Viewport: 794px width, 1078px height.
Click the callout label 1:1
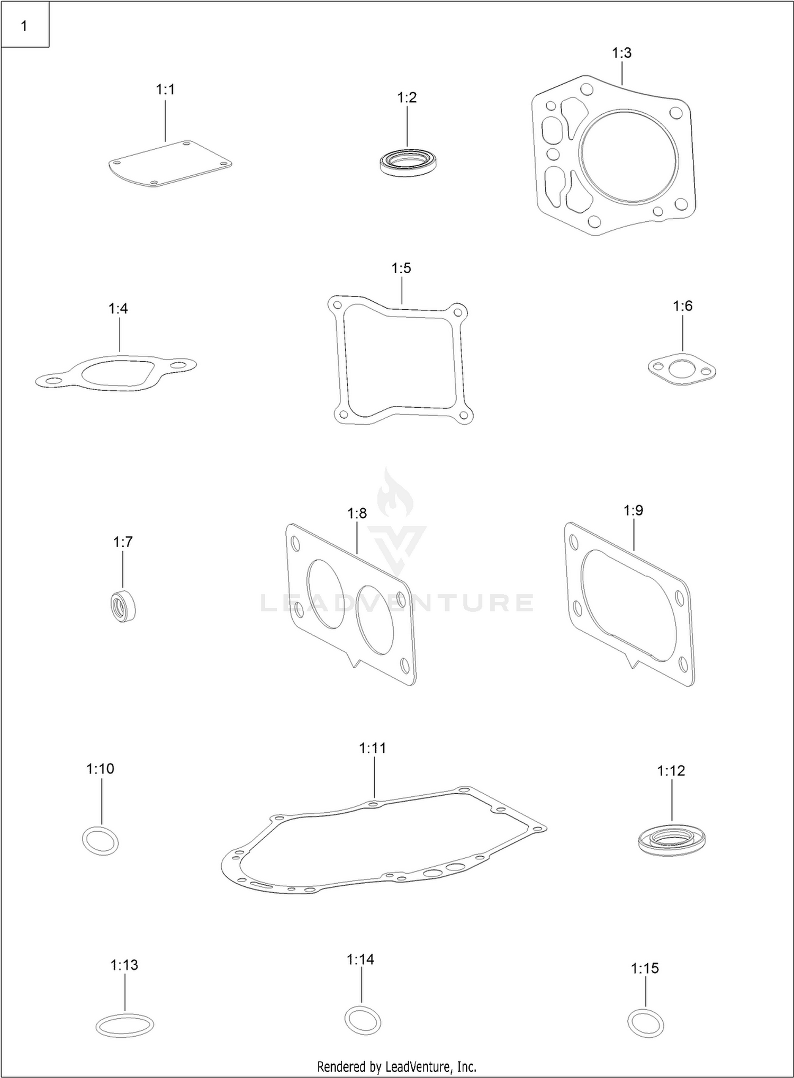click(165, 90)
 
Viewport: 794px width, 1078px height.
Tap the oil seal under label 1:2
click(408, 162)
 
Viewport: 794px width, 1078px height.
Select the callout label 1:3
click(621, 53)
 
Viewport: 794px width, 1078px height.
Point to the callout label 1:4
click(118, 309)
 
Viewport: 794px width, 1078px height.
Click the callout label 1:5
click(401, 268)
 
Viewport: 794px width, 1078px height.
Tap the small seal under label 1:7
click(123, 605)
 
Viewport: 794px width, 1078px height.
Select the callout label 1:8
click(357, 513)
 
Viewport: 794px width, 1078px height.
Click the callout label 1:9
click(633, 510)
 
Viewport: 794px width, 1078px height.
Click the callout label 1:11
click(373, 748)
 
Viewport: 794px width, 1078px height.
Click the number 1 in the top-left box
click(24, 25)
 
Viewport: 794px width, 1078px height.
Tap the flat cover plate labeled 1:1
click(170, 164)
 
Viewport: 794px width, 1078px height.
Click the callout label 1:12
click(671, 771)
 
